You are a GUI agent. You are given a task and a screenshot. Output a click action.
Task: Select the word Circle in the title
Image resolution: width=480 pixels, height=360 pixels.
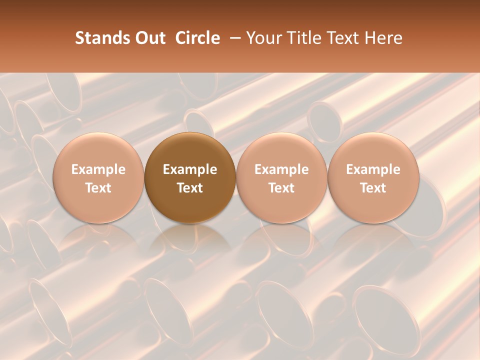(x=197, y=38)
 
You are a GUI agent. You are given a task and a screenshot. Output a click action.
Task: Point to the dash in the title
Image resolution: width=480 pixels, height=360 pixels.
(x=233, y=38)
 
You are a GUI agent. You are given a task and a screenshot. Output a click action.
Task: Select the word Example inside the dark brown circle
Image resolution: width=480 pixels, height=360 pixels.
(x=190, y=169)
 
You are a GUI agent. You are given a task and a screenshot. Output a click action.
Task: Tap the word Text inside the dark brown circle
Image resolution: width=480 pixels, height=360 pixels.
(x=190, y=188)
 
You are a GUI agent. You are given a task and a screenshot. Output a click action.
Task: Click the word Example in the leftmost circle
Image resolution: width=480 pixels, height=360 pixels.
(x=98, y=169)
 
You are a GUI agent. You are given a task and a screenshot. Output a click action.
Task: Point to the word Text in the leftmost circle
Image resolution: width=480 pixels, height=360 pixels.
(x=98, y=188)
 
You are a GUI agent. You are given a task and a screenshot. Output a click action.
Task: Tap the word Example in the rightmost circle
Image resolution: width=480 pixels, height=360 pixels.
(x=373, y=169)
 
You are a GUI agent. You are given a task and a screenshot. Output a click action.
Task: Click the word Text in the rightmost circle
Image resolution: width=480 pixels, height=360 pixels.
(x=373, y=188)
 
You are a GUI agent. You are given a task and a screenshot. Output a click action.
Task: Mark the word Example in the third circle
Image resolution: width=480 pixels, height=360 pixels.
(x=281, y=169)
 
